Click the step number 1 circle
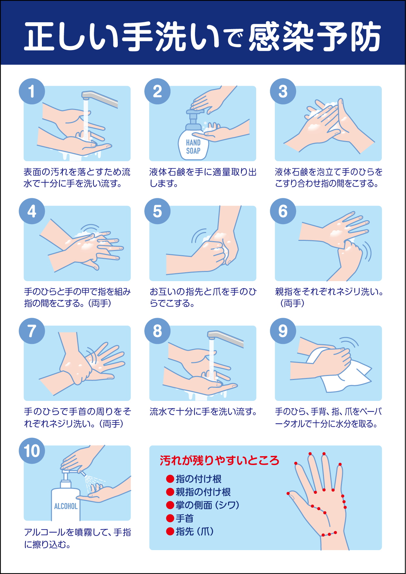point(32,91)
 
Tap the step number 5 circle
point(157,211)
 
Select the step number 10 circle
point(32,451)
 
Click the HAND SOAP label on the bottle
point(193,147)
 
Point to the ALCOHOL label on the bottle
point(66,506)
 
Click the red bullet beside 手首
point(170,518)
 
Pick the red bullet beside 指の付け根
point(170,479)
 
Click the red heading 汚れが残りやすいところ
point(219,460)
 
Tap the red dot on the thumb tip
point(288,493)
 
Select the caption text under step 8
point(203,412)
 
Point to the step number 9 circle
point(283,331)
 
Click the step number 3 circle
point(283,91)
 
